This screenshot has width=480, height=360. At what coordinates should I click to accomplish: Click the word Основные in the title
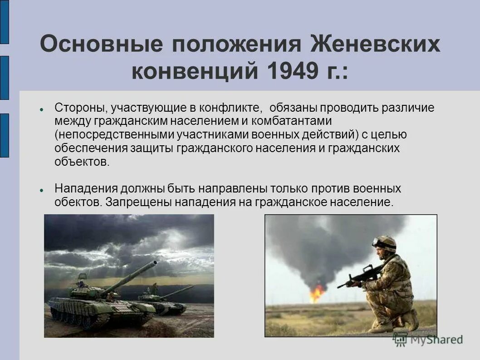[x=101, y=45]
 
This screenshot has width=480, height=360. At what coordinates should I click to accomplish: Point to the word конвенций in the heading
[x=192, y=72]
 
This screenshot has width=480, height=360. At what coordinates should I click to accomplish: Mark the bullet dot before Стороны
[x=41, y=110]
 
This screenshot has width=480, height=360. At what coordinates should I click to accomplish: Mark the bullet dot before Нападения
[x=41, y=190]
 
